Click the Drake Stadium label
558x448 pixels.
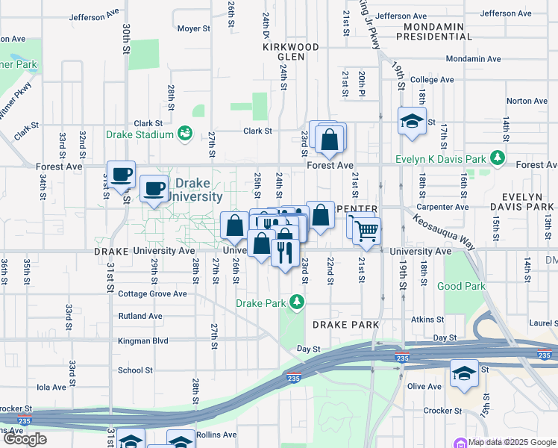coord(139,134)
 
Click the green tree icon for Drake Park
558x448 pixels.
coord(298,302)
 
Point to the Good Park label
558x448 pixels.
coord(461,286)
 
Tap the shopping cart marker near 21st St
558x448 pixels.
coord(366,231)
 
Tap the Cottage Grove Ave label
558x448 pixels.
coord(153,293)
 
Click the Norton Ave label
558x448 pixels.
coord(527,101)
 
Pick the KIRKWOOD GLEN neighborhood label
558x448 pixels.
coord(291,52)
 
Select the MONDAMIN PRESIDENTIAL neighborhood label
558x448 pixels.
coord(433,31)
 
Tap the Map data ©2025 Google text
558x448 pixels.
coord(512,442)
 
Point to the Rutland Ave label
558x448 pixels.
coord(140,316)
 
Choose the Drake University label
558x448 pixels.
coord(198,190)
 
